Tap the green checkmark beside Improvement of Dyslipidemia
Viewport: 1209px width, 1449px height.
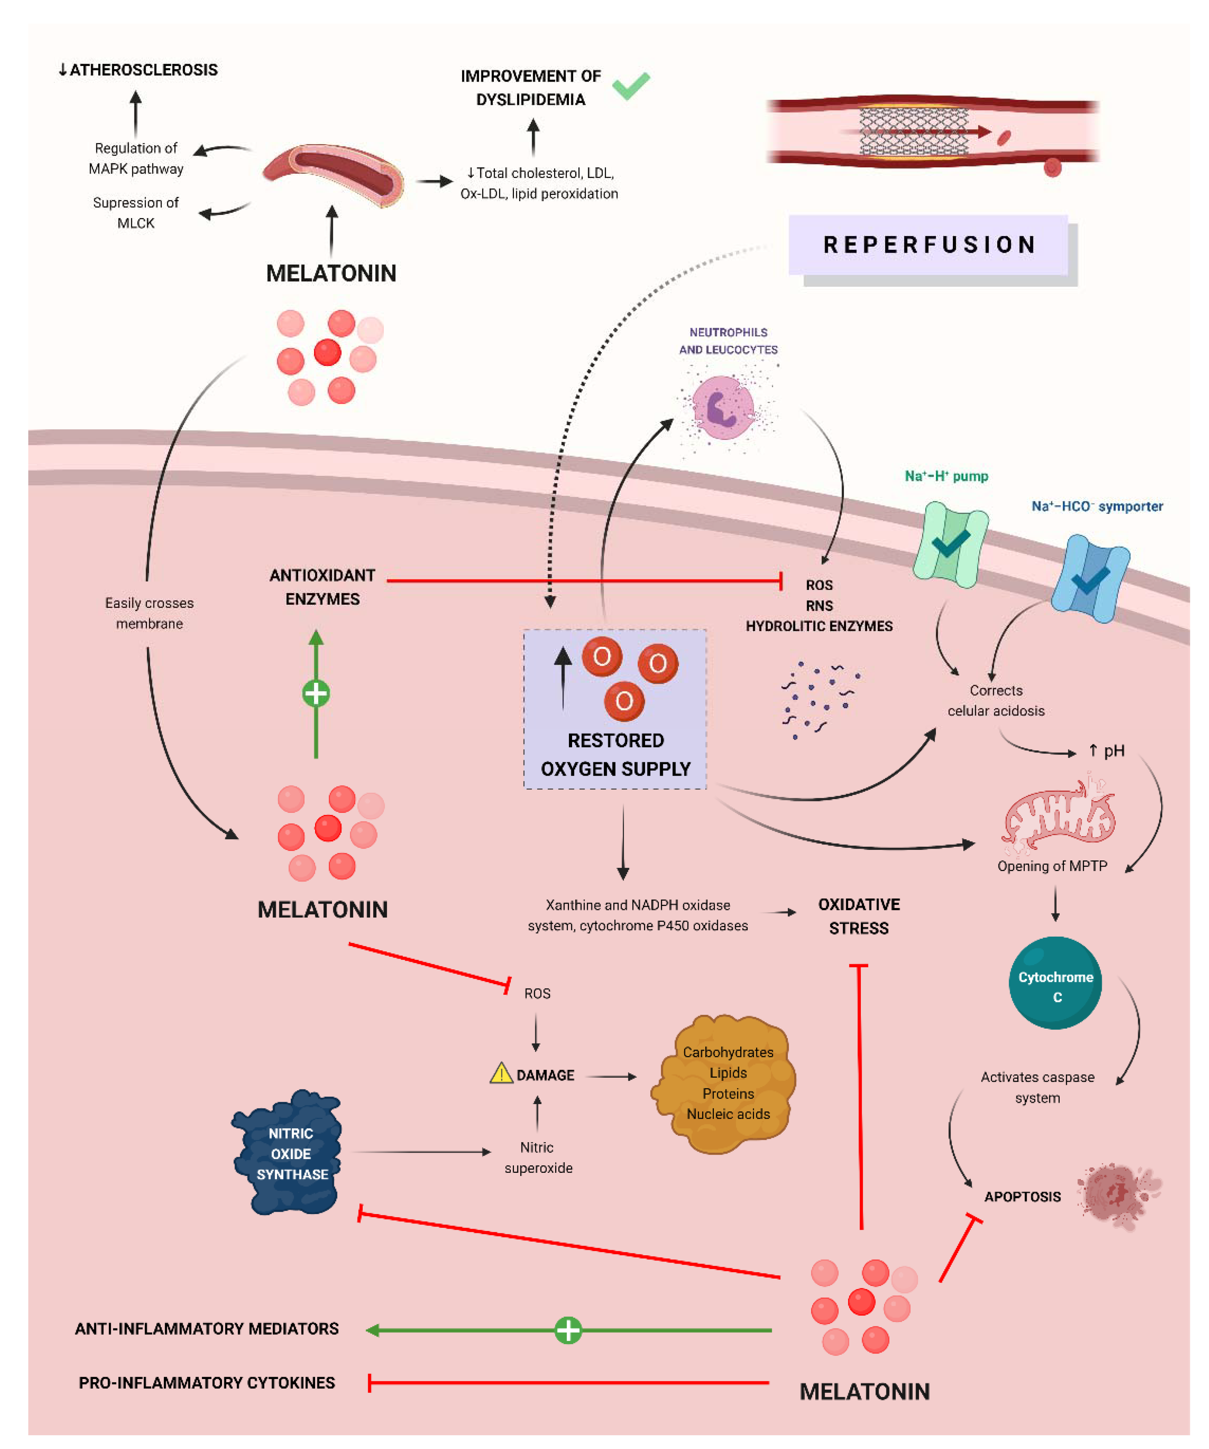630,86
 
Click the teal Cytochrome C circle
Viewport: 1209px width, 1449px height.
1055,983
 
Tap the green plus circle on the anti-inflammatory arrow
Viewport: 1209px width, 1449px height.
567,1330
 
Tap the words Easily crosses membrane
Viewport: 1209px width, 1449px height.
149,613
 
